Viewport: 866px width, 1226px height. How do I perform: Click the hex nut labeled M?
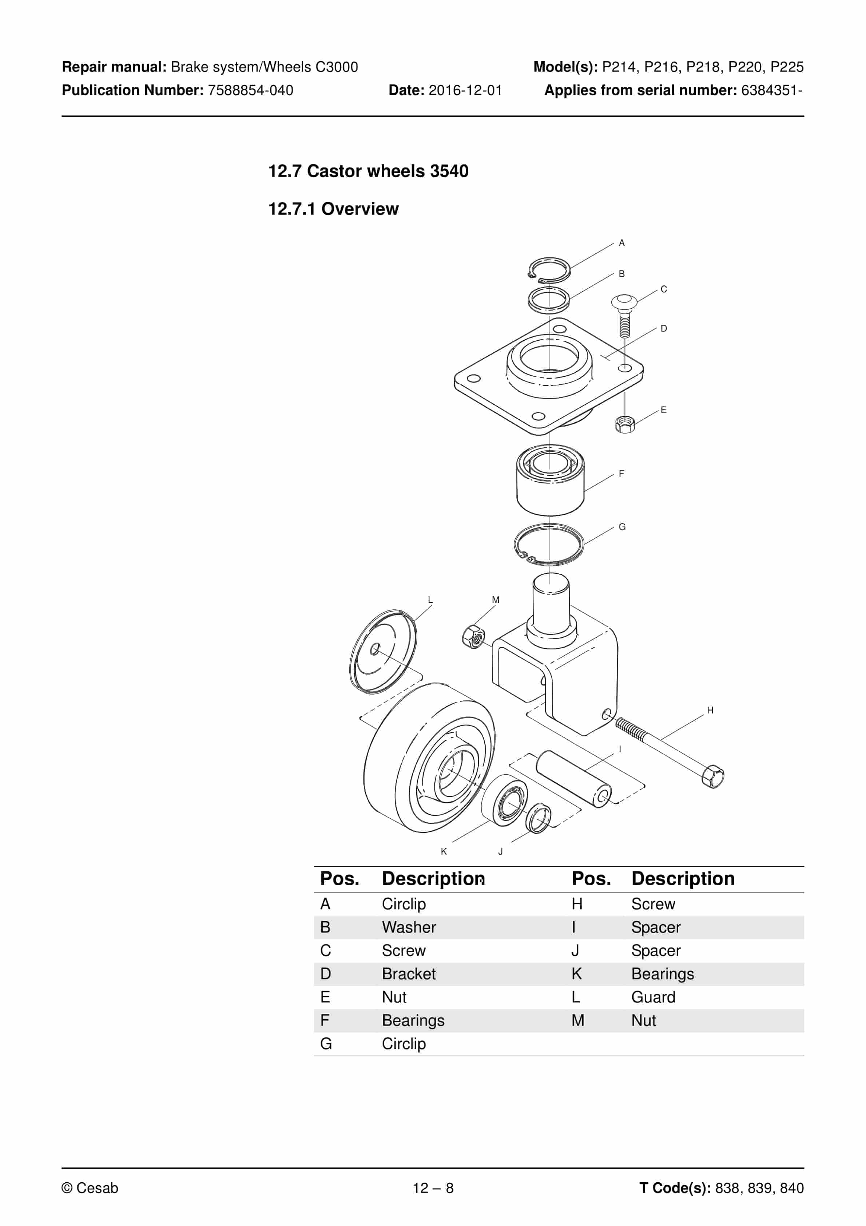pos(474,637)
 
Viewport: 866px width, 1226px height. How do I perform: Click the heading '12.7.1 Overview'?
pos(333,209)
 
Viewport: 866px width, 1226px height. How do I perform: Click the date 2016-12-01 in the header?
pos(465,90)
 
